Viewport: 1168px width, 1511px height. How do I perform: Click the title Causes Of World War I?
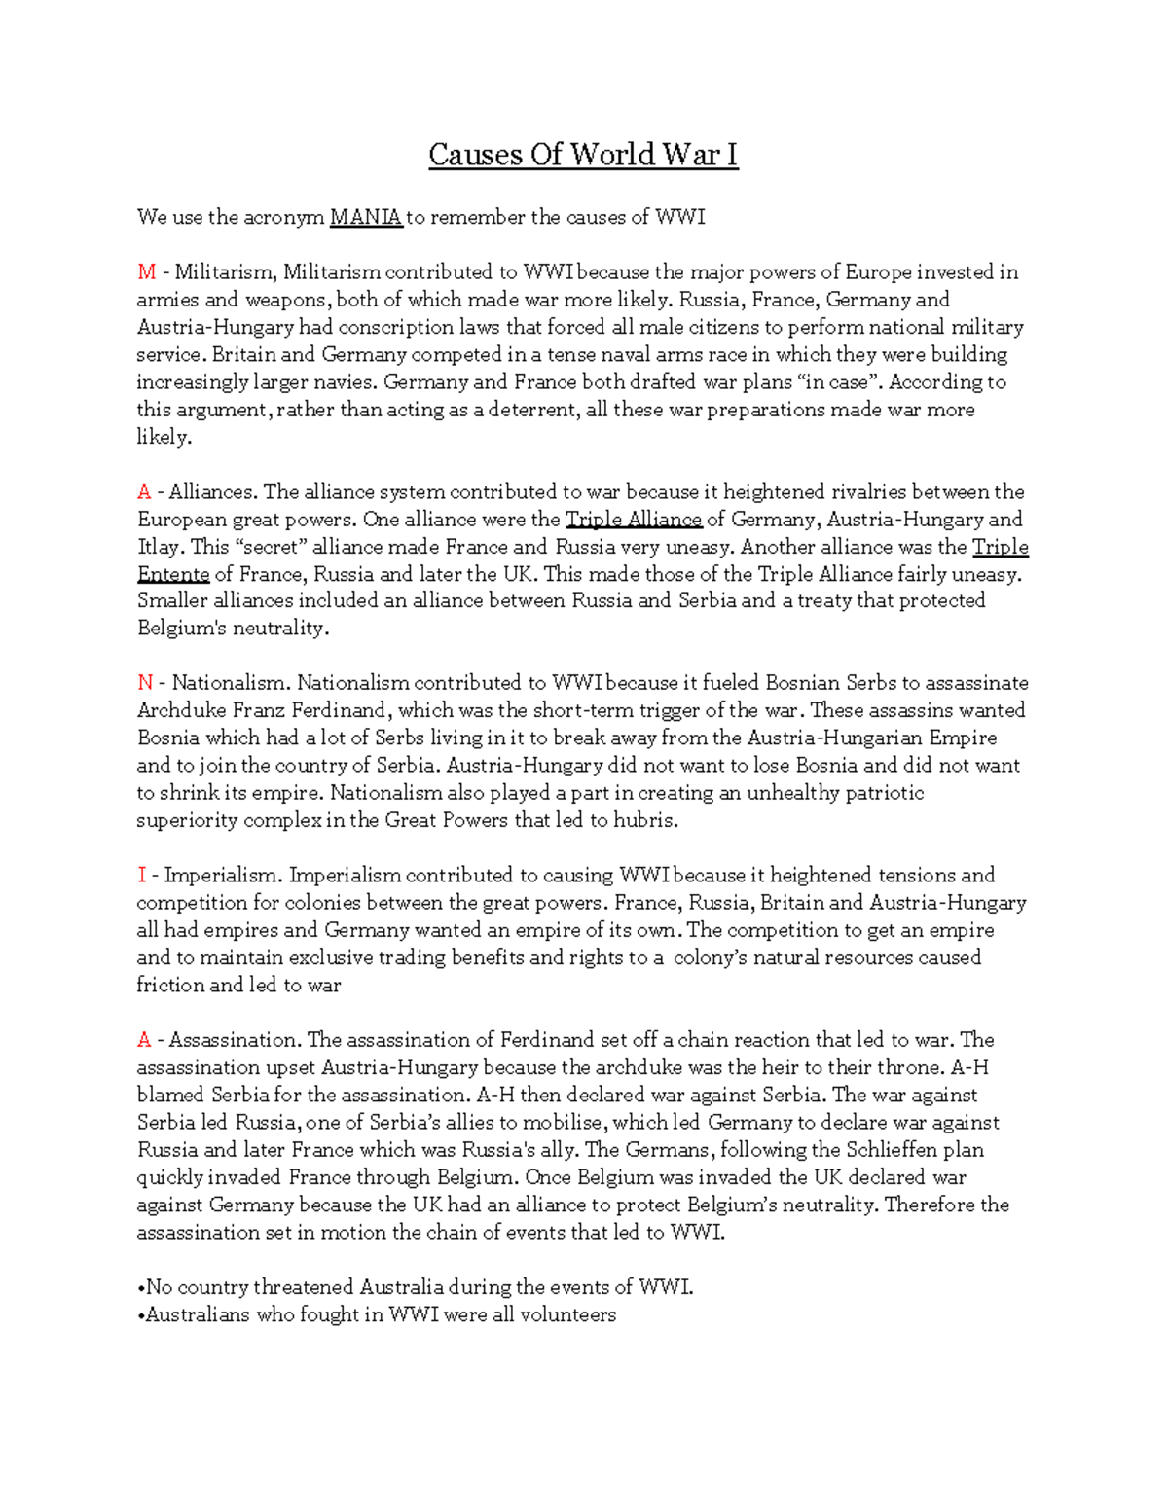[583, 155]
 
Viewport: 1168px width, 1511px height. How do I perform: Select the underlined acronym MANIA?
[366, 217]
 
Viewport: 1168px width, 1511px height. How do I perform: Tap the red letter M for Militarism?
[146, 272]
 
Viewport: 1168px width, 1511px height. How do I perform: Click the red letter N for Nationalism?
[145, 683]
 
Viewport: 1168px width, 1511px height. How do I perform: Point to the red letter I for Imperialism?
[141, 875]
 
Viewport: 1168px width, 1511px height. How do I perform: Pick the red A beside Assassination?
[144, 1040]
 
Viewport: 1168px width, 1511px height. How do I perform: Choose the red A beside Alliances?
[144, 491]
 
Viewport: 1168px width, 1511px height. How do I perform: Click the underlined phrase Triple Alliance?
[634, 520]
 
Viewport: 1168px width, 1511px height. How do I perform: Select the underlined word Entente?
[173, 574]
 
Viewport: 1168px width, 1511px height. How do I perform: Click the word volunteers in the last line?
[567, 1315]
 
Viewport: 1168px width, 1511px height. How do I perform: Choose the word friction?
[169, 985]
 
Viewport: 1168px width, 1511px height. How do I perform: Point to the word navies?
[342, 382]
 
